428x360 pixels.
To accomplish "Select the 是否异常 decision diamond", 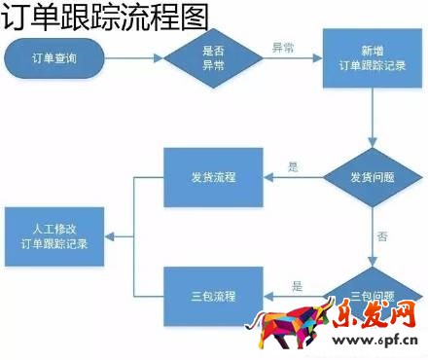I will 213,58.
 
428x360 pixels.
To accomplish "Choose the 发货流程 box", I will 213,178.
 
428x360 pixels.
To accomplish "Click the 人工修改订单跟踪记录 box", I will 55,236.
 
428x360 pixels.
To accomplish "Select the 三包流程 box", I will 213,295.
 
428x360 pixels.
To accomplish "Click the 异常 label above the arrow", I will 282,47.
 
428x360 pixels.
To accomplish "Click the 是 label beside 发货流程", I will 295,165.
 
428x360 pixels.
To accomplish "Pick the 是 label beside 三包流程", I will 297,285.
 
